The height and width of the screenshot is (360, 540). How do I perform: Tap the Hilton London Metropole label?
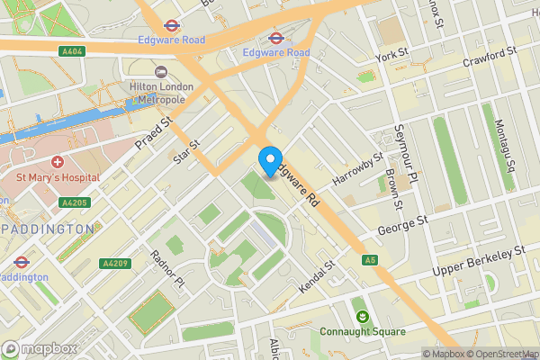click(x=169, y=92)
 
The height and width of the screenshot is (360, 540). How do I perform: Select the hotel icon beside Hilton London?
click(x=161, y=71)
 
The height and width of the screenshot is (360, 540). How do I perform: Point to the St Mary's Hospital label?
click(x=56, y=178)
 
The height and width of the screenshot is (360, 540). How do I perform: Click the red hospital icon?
click(x=58, y=162)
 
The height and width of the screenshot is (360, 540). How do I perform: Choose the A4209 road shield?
click(x=114, y=264)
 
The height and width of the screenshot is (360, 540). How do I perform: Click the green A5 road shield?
click(x=369, y=260)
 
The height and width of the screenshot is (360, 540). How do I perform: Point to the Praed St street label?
click(x=152, y=133)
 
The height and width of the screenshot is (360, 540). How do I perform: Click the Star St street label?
click(x=186, y=152)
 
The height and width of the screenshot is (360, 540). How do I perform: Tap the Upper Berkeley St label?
click(x=479, y=258)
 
